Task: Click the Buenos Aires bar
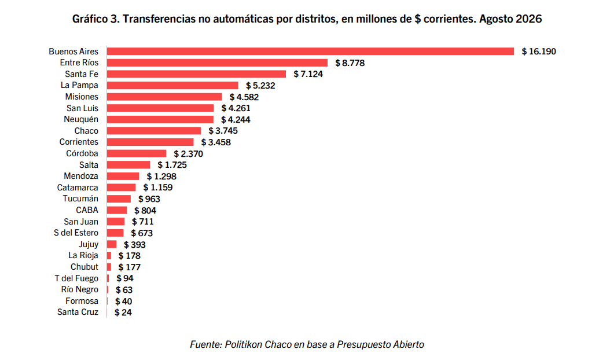[x=310, y=52]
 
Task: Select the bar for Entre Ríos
[x=217, y=63]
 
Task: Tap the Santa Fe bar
[x=196, y=74]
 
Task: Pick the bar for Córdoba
[x=137, y=153]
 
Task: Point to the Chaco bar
[x=154, y=131]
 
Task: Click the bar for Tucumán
[x=119, y=199]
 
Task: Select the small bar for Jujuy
[x=112, y=244]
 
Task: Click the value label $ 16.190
[x=539, y=52]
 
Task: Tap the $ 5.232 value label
[x=260, y=86]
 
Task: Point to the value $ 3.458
[x=216, y=142]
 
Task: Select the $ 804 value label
[x=145, y=211]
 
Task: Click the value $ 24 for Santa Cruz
[x=123, y=313]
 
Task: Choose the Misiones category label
[x=82, y=97]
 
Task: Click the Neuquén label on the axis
[x=81, y=119]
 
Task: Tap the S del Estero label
[x=76, y=233]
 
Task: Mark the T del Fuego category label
[x=76, y=278]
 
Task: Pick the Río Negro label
[x=79, y=289]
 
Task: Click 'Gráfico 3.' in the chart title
[x=95, y=19]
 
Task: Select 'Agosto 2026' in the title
[x=510, y=19]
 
